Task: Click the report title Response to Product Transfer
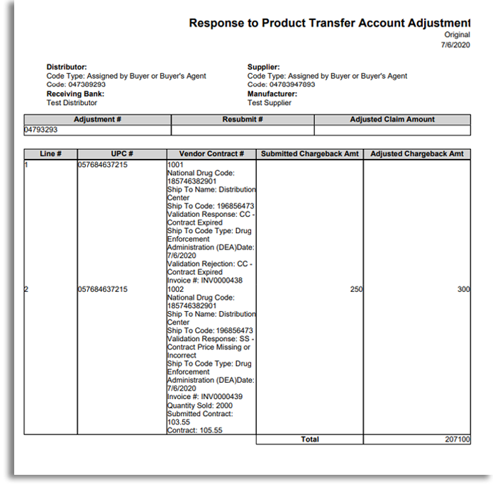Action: pyautogui.click(x=329, y=23)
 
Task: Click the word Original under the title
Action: pyautogui.click(x=457, y=35)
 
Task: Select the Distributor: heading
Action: pyautogui.click(x=67, y=67)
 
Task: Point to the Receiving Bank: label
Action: pyautogui.click(x=75, y=94)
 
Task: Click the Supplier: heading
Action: pyautogui.click(x=263, y=67)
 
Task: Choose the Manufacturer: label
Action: pyautogui.click(x=272, y=94)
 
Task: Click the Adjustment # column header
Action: pyautogui.click(x=97, y=119)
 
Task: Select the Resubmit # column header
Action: pyautogui.click(x=243, y=119)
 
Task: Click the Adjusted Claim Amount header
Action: pyautogui.click(x=392, y=119)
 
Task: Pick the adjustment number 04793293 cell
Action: pyautogui.click(x=40, y=130)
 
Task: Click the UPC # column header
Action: pyautogui.click(x=122, y=154)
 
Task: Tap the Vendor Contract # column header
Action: pyautogui.click(x=211, y=154)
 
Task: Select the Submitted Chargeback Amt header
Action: pyautogui.click(x=309, y=154)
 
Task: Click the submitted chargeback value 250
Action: pyautogui.click(x=356, y=289)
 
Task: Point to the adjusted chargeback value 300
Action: pyautogui.click(x=463, y=289)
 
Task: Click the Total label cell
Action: pyautogui.click(x=309, y=439)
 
